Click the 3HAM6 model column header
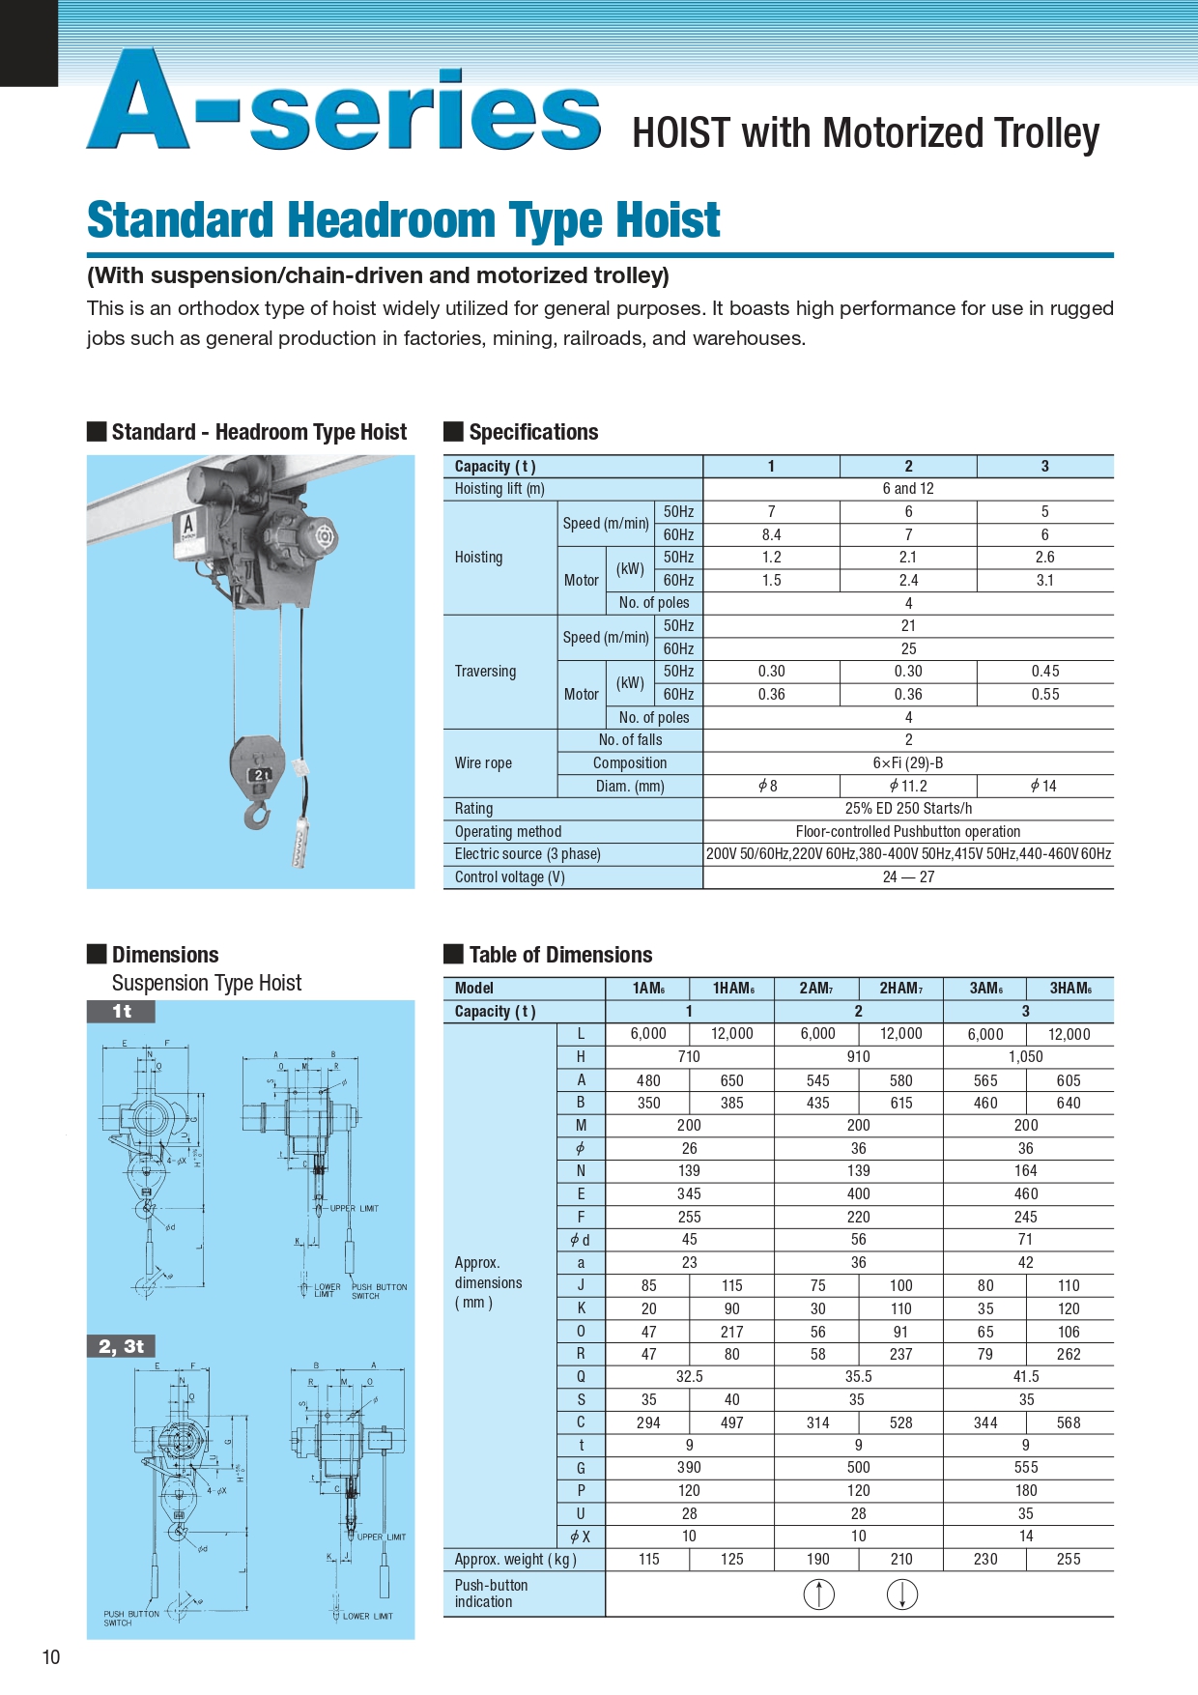(1070, 988)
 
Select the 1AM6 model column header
(647, 988)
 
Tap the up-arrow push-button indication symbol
(818, 1594)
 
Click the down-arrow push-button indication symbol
(901, 1594)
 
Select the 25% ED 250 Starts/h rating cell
(908, 809)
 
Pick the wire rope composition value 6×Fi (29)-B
(908, 763)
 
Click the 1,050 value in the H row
(1025, 1057)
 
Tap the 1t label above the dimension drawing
(121, 1012)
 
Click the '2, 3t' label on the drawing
(121, 1346)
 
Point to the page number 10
(51, 1657)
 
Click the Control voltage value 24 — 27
(908, 877)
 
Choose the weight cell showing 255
(1069, 1559)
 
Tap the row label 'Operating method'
(508, 832)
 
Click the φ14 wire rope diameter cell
(1044, 787)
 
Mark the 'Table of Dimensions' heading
(560, 955)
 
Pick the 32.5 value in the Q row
(689, 1377)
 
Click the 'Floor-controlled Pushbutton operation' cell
(908, 832)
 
